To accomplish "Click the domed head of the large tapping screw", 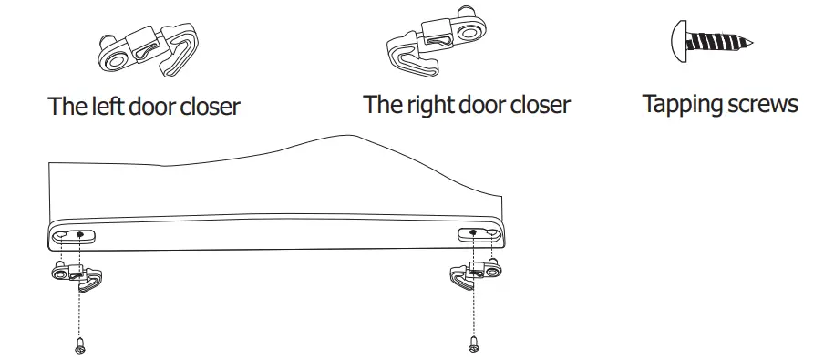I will coord(678,42).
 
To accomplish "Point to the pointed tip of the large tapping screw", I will coord(755,43).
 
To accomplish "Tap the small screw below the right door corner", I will coord(472,345).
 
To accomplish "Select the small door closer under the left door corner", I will coord(77,275).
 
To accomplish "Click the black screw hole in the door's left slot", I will coord(81,234).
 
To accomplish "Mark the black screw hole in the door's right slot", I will coord(473,233).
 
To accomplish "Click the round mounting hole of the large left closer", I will coord(116,57).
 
